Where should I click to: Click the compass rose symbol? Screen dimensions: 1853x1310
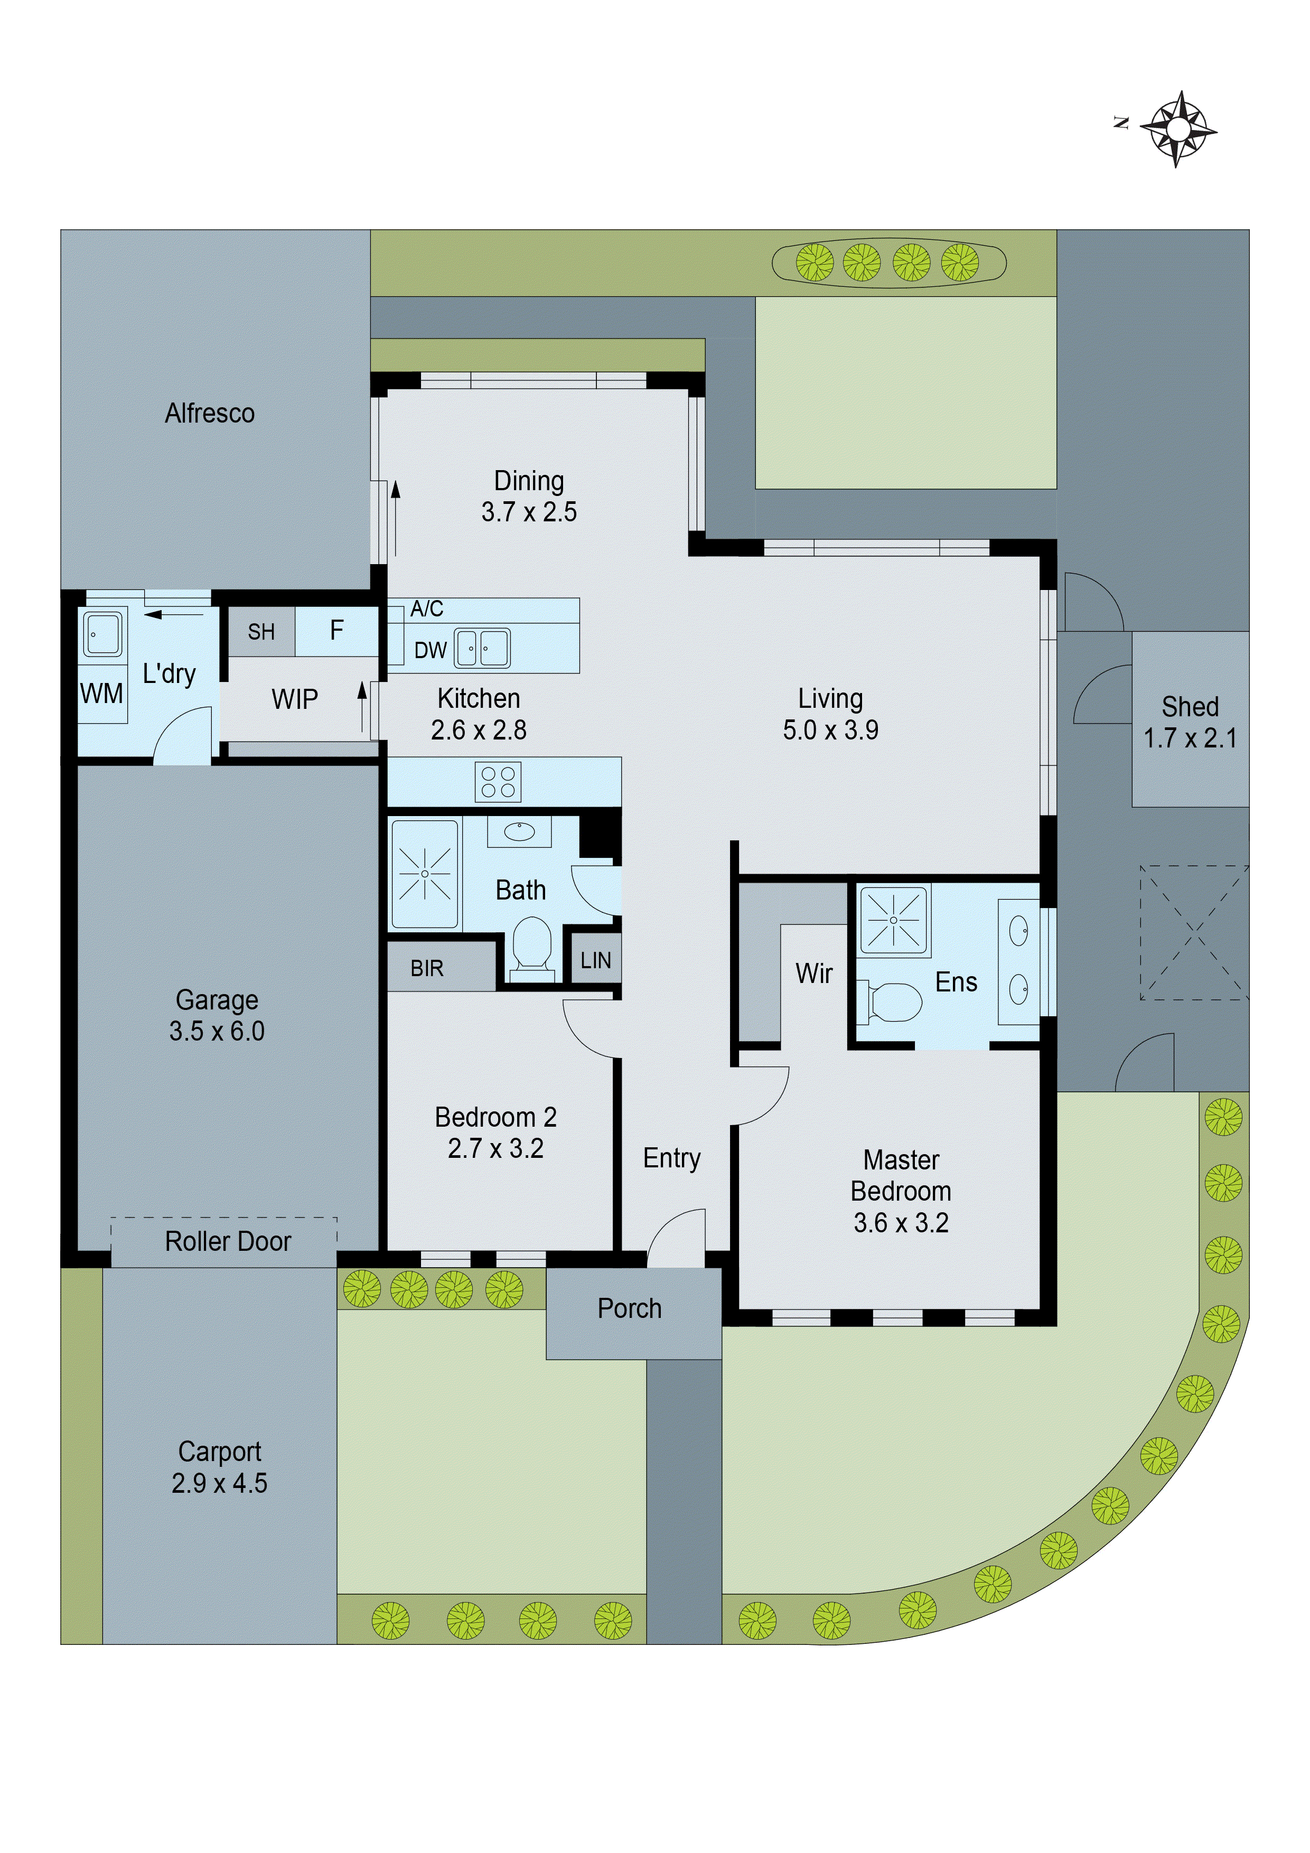click(x=1178, y=129)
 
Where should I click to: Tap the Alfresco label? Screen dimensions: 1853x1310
click(x=210, y=413)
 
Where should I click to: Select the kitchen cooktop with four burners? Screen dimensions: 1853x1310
click(x=498, y=782)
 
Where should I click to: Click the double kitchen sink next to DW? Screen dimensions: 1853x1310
click(x=483, y=648)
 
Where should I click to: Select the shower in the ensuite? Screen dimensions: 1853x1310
click(x=894, y=919)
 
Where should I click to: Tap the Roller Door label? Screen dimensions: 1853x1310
click(x=228, y=1241)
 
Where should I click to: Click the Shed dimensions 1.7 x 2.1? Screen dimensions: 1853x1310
click(x=1190, y=737)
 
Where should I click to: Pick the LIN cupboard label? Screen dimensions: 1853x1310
click(x=596, y=960)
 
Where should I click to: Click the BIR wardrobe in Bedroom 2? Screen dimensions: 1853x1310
click(x=427, y=968)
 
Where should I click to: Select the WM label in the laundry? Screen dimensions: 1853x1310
click(x=102, y=693)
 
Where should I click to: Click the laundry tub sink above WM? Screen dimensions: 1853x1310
click(x=102, y=633)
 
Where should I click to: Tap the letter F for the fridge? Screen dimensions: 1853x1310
click(x=336, y=630)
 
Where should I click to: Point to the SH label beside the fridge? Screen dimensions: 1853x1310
click(x=261, y=632)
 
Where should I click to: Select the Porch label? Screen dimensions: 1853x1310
click(x=630, y=1308)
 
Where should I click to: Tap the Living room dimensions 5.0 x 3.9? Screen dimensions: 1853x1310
click(x=830, y=729)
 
